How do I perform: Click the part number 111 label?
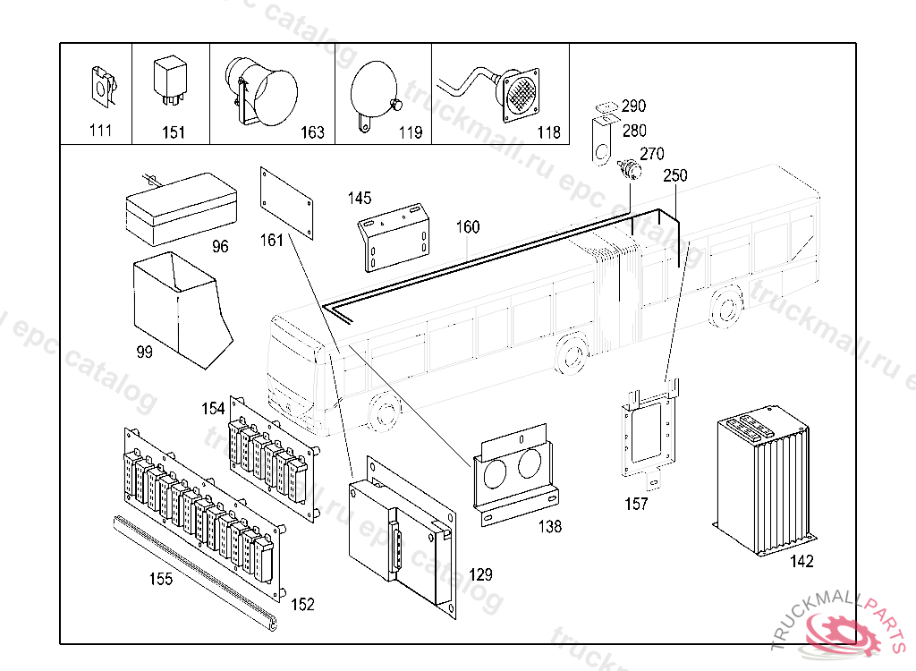[101, 132]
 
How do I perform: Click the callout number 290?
[633, 106]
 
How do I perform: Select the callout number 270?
[652, 154]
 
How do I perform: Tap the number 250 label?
[675, 176]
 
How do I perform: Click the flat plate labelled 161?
[287, 203]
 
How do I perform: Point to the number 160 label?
[468, 227]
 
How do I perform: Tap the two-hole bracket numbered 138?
[515, 474]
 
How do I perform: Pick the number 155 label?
[161, 579]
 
